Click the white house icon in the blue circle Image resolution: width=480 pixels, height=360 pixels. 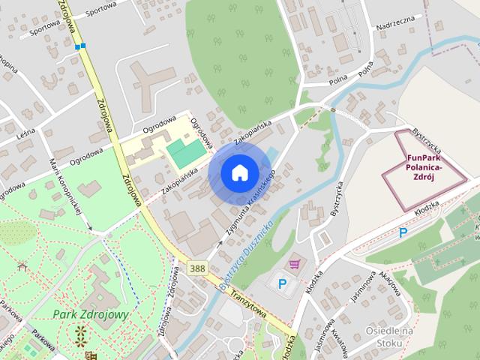point(239,172)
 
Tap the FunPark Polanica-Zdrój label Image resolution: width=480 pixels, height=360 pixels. point(424,167)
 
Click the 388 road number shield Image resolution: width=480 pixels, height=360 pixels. point(198,268)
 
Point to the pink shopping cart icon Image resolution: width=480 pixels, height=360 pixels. point(295,263)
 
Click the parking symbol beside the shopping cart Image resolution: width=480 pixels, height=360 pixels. point(282,284)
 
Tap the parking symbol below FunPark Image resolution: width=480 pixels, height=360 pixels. point(403,232)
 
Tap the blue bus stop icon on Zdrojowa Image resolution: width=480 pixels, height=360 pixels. point(80,47)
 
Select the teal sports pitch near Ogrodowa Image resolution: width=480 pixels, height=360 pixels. point(186,153)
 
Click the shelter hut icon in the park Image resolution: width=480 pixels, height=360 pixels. point(22,265)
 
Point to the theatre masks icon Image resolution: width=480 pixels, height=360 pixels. point(91,355)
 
